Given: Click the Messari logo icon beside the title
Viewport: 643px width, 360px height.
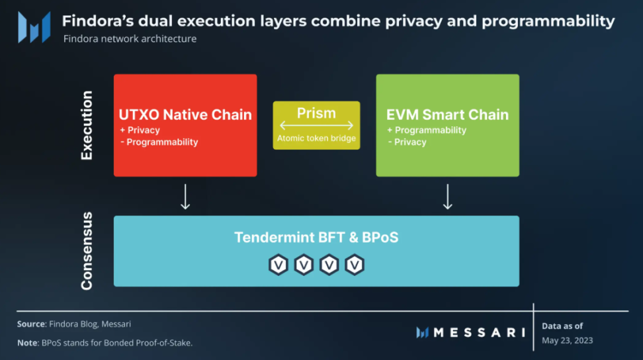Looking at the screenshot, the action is tap(34, 28).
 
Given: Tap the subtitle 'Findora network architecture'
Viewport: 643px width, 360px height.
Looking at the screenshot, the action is tap(130, 39).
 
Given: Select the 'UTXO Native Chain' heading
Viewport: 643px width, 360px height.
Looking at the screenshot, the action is tap(185, 114).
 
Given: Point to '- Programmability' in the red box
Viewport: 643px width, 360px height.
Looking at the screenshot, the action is tap(159, 142).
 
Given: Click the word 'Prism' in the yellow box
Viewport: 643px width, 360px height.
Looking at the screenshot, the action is tap(316, 112).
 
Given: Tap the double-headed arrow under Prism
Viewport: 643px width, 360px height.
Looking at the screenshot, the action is tap(316, 125).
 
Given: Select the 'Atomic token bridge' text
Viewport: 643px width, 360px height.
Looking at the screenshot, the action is tap(316, 138).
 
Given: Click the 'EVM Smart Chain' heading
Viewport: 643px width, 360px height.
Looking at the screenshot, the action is tap(447, 114).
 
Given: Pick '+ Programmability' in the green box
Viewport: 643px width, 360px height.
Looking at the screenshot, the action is tap(427, 130).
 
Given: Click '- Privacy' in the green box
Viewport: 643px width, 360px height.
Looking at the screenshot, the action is tap(407, 142).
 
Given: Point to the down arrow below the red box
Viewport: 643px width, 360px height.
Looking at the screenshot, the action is tap(185, 197).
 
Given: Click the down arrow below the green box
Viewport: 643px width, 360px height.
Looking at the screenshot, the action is tap(448, 197).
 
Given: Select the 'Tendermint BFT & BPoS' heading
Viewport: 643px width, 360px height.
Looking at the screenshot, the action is tap(316, 237).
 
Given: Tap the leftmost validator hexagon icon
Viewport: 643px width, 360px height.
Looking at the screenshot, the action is tap(279, 265).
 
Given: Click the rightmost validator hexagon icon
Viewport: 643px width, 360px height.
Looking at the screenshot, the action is tap(355, 265).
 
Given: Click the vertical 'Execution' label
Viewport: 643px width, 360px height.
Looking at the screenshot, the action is tap(87, 126).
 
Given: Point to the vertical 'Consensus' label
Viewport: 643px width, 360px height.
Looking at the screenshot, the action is tap(87, 251).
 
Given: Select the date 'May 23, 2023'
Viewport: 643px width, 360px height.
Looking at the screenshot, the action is tap(567, 340).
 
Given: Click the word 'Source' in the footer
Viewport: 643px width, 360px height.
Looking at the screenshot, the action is tap(31, 324).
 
